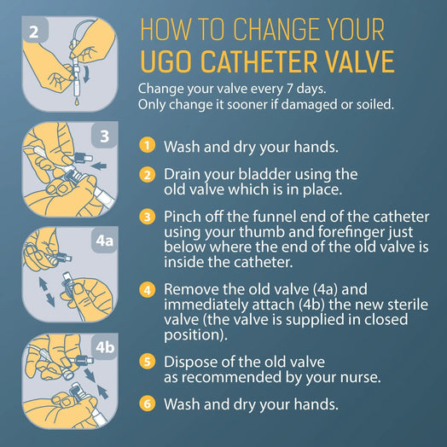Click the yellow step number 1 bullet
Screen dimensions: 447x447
(148, 145)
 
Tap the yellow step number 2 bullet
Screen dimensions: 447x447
(148, 174)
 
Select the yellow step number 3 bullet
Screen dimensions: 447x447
(148, 217)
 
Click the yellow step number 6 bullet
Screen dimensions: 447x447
(148, 403)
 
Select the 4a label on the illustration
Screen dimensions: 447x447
(103, 241)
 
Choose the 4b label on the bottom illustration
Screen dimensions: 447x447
(103, 347)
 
